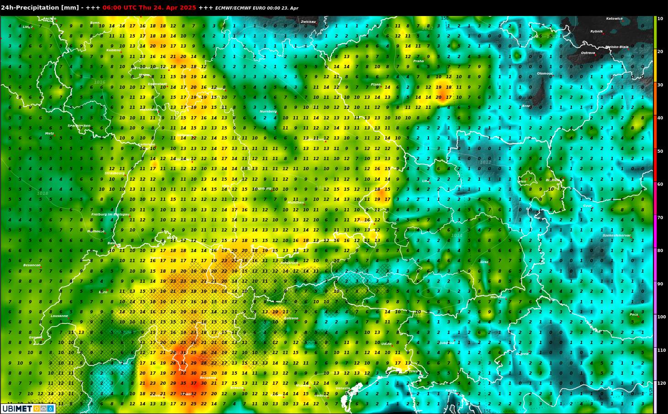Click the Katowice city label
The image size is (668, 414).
click(x=614, y=19)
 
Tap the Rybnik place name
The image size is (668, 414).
click(x=596, y=32)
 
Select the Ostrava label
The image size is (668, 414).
click(x=588, y=53)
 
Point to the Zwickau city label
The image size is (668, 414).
click(x=308, y=22)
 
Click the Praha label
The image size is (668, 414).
click(x=418, y=61)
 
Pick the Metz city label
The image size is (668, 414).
click(x=49, y=134)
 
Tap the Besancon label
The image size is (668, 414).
click(x=32, y=265)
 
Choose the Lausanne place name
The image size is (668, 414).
click(x=59, y=316)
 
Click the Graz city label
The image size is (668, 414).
click(x=485, y=262)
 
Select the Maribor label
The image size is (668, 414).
click(x=498, y=297)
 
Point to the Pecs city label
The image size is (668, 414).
click(x=634, y=315)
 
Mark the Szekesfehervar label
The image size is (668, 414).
click(x=616, y=236)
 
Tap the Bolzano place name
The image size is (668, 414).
click(x=291, y=318)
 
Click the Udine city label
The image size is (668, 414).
click(x=386, y=344)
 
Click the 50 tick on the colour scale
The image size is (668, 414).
click(x=660, y=151)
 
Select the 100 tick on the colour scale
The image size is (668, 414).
click(x=661, y=317)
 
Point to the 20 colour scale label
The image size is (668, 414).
click(x=660, y=52)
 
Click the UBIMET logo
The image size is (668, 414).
click(x=28, y=409)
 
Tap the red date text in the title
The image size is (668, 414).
click(x=149, y=8)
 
